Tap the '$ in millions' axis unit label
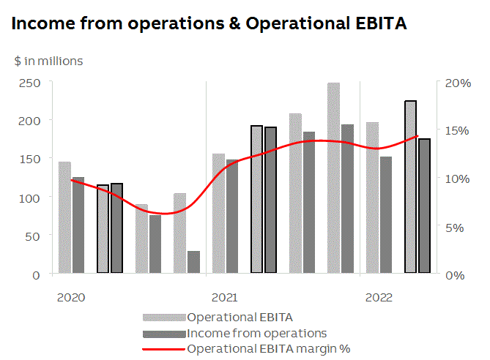(x=48, y=61)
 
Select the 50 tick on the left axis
(x=34, y=236)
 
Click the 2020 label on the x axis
(x=71, y=298)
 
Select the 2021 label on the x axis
(x=224, y=298)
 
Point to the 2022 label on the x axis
(x=379, y=298)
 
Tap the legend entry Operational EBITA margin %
(x=269, y=348)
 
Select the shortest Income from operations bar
(x=193, y=262)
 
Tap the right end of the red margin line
(x=417, y=136)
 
